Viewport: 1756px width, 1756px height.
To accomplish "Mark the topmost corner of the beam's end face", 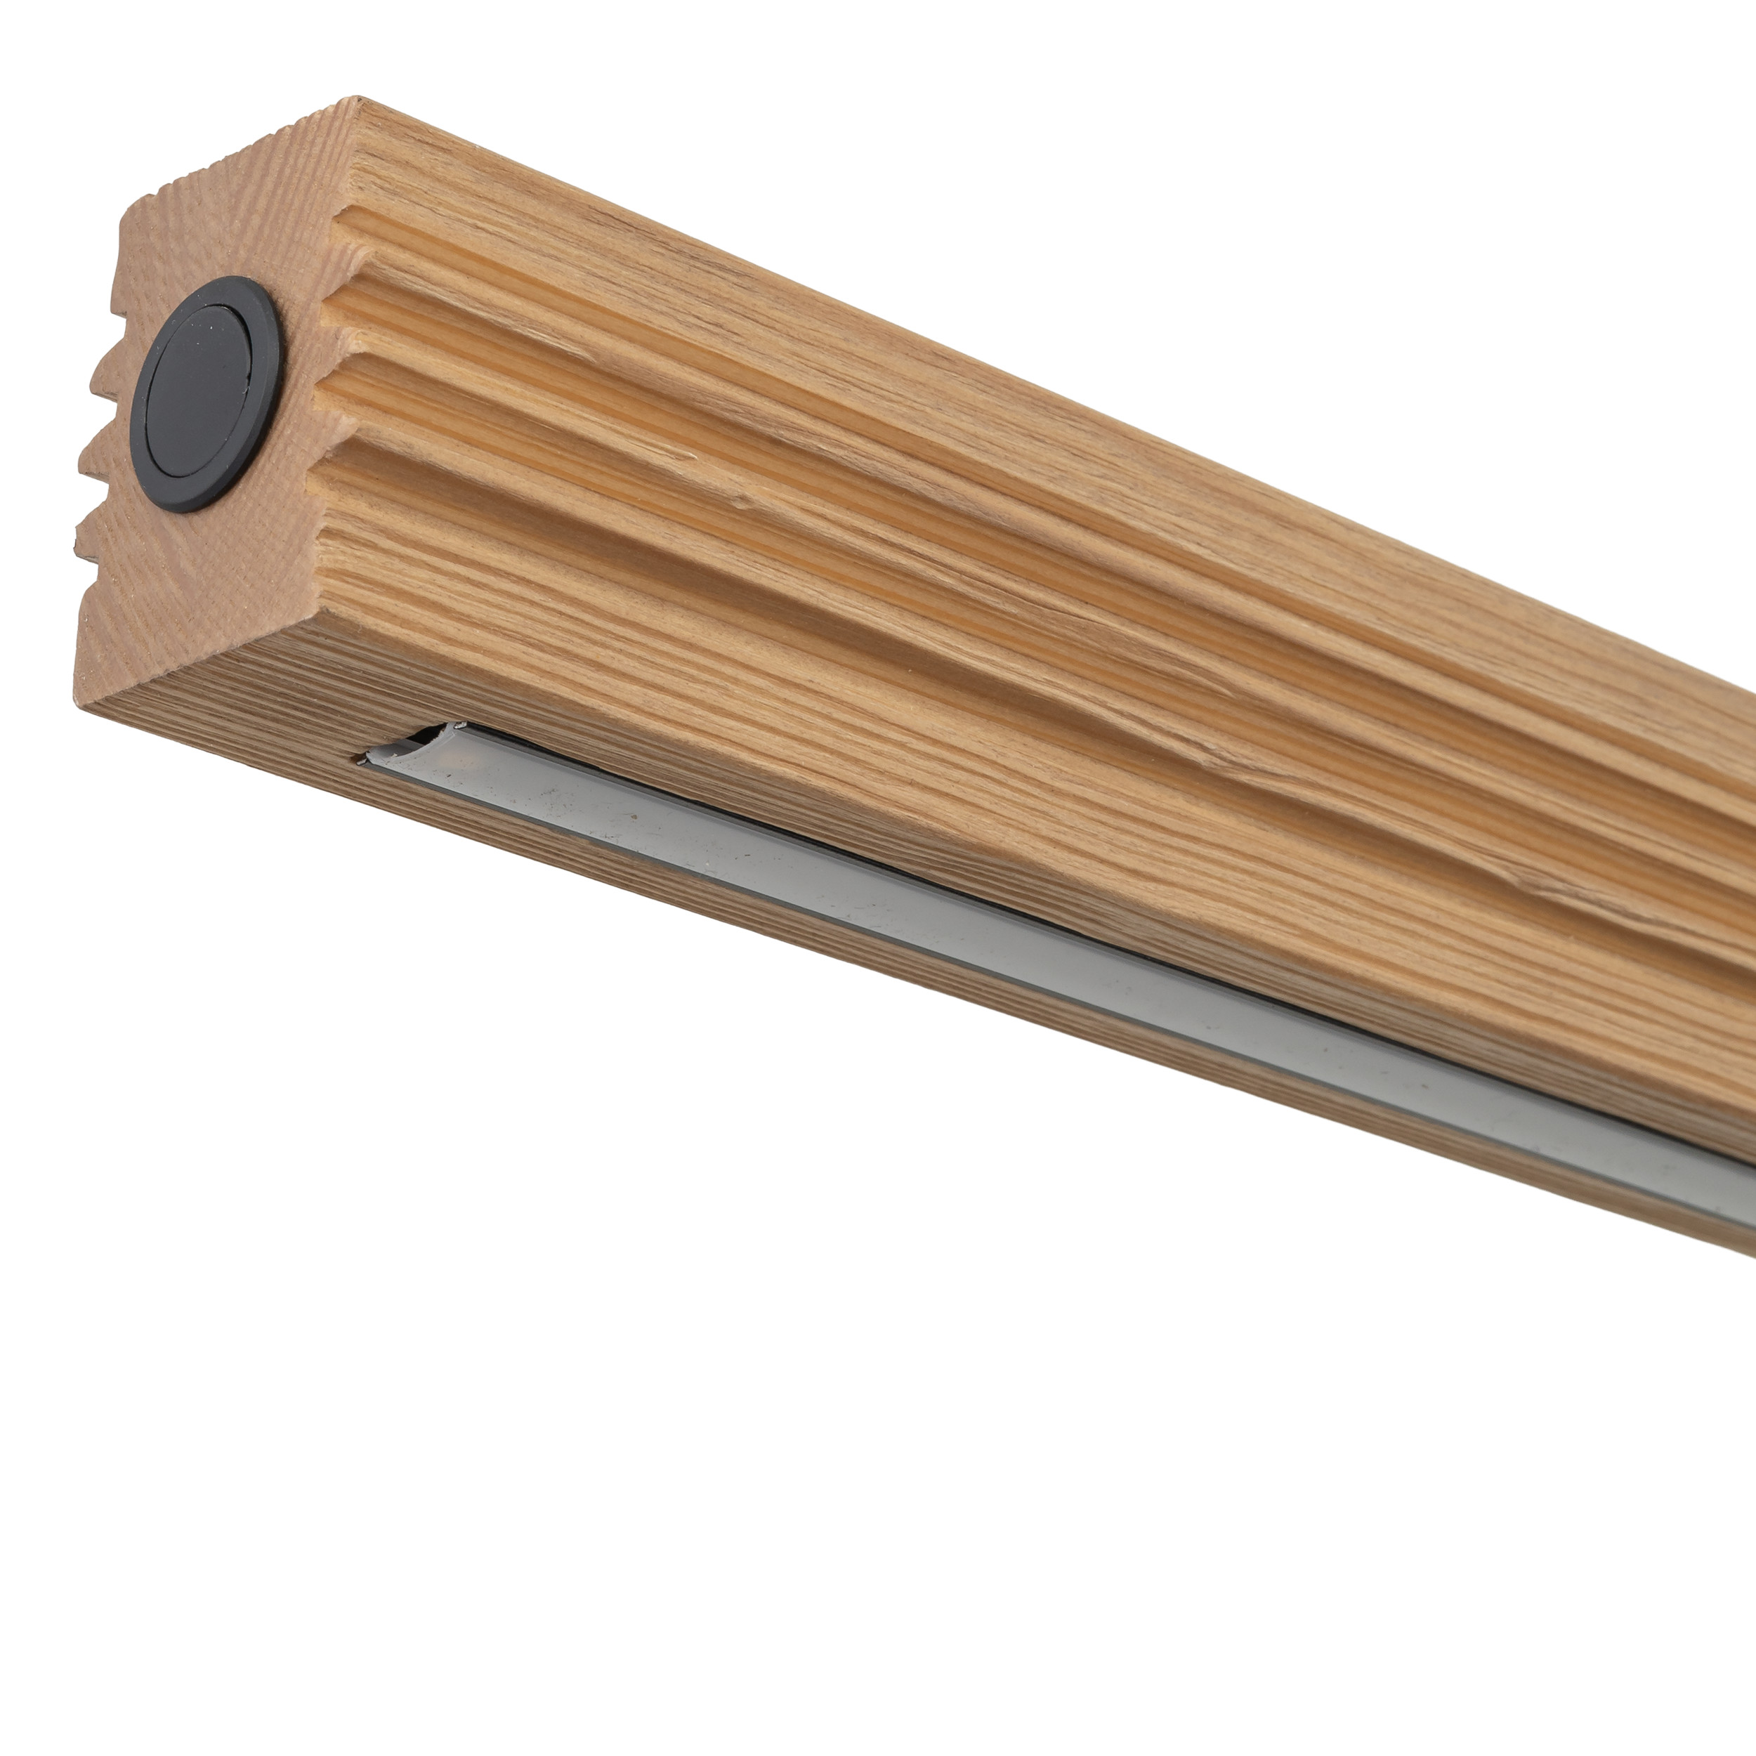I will tap(358, 97).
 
